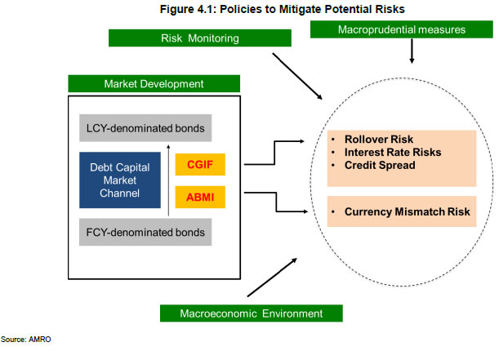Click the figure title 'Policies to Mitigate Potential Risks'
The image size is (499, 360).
pos(265,10)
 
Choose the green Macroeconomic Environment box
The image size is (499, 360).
pos(251,313)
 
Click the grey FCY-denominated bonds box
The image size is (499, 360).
pos(145,233)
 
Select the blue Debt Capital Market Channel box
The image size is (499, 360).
pos(121,180)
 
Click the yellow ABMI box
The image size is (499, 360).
pos(199,196)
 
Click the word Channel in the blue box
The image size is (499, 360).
pos(115,193)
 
